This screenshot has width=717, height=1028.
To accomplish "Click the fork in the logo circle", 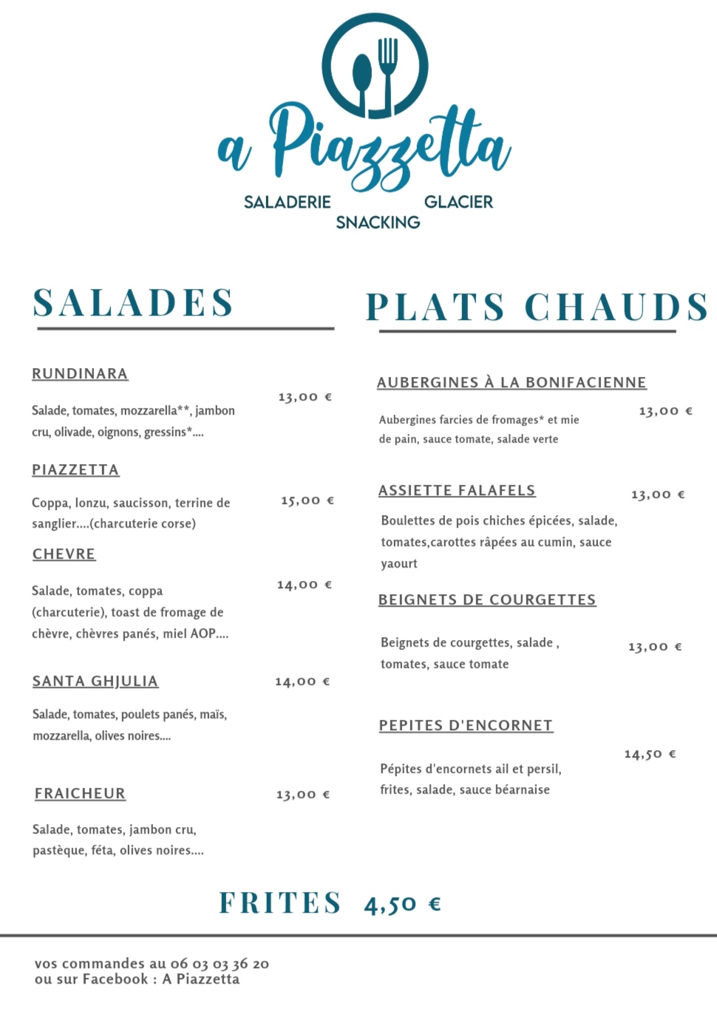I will pyautogui.click(x=388, y=70).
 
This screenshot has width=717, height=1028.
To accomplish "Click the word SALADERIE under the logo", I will pyautogui.click(x=288, y=202).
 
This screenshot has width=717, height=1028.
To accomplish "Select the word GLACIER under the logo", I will pyautogui.click(x=458, y=202).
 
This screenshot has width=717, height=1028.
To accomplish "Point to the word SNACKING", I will pyautogui.click(x=378, y=222).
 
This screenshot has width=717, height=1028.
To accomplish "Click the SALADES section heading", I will pyautogui.click(x=134, y=303).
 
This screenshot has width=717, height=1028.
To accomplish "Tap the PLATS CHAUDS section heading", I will pyautogui.click(x=537, y=307).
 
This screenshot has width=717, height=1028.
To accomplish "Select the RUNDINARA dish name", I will pyautogui.click(x=80, y=374).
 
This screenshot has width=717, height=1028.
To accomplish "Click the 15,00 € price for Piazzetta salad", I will pyautogui.click(x=307, y=500).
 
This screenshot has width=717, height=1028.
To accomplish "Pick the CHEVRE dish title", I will pyautogui.click(x=64, y=554).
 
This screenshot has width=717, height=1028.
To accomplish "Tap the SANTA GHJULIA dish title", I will pyautogui.click(x=95, y=681).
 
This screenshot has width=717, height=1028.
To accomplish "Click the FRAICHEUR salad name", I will pyautogui.click(x=80, y=794).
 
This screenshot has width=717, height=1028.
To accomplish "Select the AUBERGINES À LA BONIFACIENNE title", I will pyautogui.click(x=512, y=383).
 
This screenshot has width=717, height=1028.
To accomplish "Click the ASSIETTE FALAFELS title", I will pyautogui.click(x=457, y=491).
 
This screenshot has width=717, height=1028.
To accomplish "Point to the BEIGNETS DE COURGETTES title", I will pyautogui.click(x=487, y=600).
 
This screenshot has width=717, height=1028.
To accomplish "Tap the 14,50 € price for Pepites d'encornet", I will pyautogui.click(x=650, y=755).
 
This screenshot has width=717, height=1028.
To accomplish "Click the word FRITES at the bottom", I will pyautogui.click(x=280, y=903).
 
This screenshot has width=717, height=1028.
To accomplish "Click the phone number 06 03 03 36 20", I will pyautogui.click(x=220, y=964).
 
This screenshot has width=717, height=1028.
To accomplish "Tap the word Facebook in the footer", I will pyautogui.click(x=115, y=979).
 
